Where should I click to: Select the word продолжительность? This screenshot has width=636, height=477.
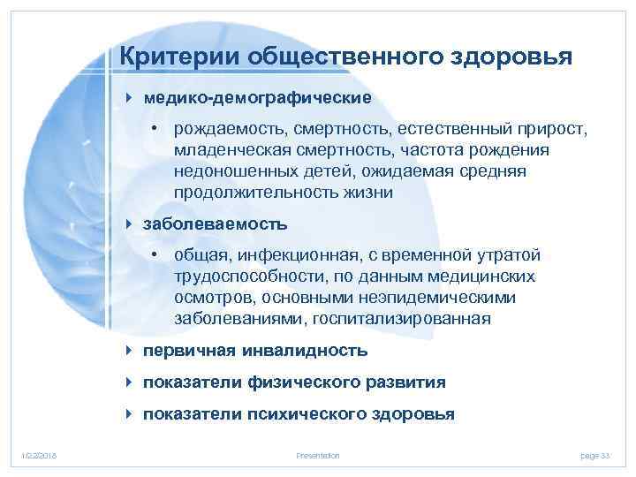pyautogui.click(x=246, y=192)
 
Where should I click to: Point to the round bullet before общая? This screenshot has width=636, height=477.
pyautogui.click(x=154, y=255)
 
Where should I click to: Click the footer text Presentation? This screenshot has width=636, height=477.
pyautogui.click(x=318, y=455)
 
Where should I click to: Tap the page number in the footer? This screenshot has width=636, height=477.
pyautogui.click(x=595, y=455)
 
